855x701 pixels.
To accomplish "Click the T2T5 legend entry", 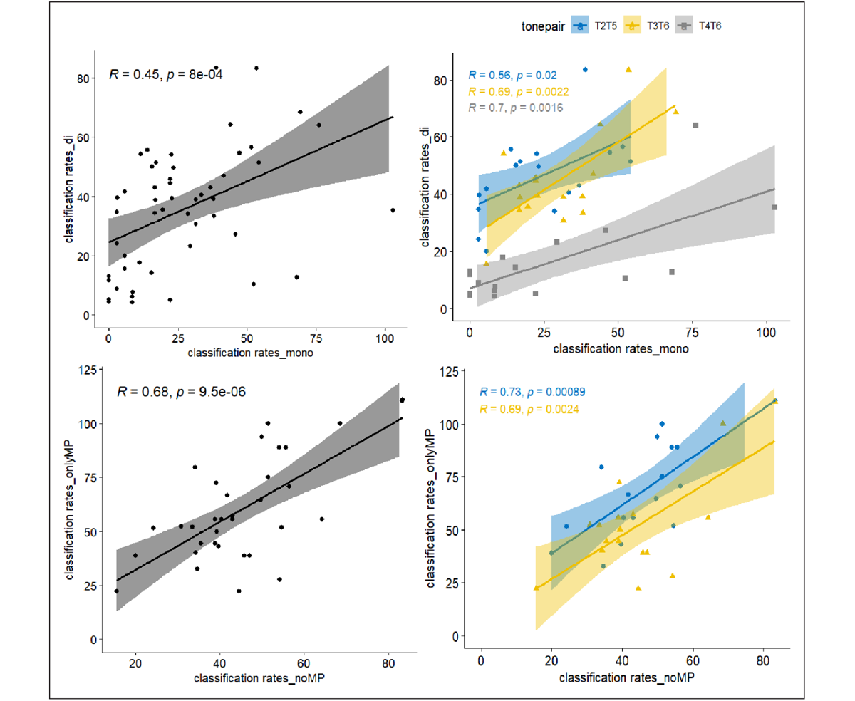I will tap(596, 26).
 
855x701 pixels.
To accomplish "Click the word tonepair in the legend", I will tap(541, 26).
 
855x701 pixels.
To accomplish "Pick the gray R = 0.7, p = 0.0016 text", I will tap(516, 108).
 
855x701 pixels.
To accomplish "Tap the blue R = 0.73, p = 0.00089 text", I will tap(533, 393).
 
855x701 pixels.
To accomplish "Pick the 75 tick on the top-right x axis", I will tap(692, 333).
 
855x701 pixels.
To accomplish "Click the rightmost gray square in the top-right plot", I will tap(774, 207).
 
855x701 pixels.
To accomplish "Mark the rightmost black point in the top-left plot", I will tap(393, 210).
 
